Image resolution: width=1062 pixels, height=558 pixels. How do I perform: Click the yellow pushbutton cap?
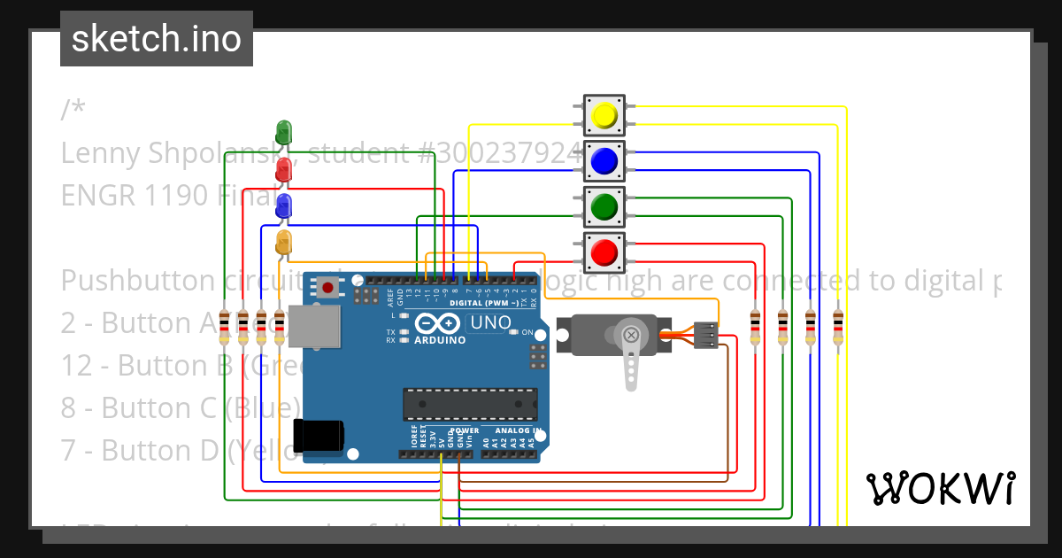[604, 115]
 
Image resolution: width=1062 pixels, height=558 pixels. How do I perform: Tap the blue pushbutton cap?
[604, 161]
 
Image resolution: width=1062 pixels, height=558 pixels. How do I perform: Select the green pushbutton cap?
[604, 207]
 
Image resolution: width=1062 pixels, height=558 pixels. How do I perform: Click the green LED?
[283, 133]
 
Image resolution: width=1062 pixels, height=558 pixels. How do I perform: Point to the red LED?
[283, 169]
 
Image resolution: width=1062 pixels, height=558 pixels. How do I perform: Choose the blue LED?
[283, 206]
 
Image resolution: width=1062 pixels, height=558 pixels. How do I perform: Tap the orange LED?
[283, 243]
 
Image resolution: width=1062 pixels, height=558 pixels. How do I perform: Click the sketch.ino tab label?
[157, 39]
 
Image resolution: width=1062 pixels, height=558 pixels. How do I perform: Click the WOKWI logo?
[940, 488]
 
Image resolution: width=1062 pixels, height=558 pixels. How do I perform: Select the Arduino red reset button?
[329, 288]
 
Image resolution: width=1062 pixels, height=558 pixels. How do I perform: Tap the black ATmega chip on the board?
[469, 404]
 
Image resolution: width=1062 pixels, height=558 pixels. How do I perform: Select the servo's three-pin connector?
[705, 335]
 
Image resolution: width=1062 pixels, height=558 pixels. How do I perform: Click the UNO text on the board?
[489, 323]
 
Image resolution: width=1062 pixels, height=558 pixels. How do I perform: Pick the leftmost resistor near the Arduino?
[224, 328]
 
